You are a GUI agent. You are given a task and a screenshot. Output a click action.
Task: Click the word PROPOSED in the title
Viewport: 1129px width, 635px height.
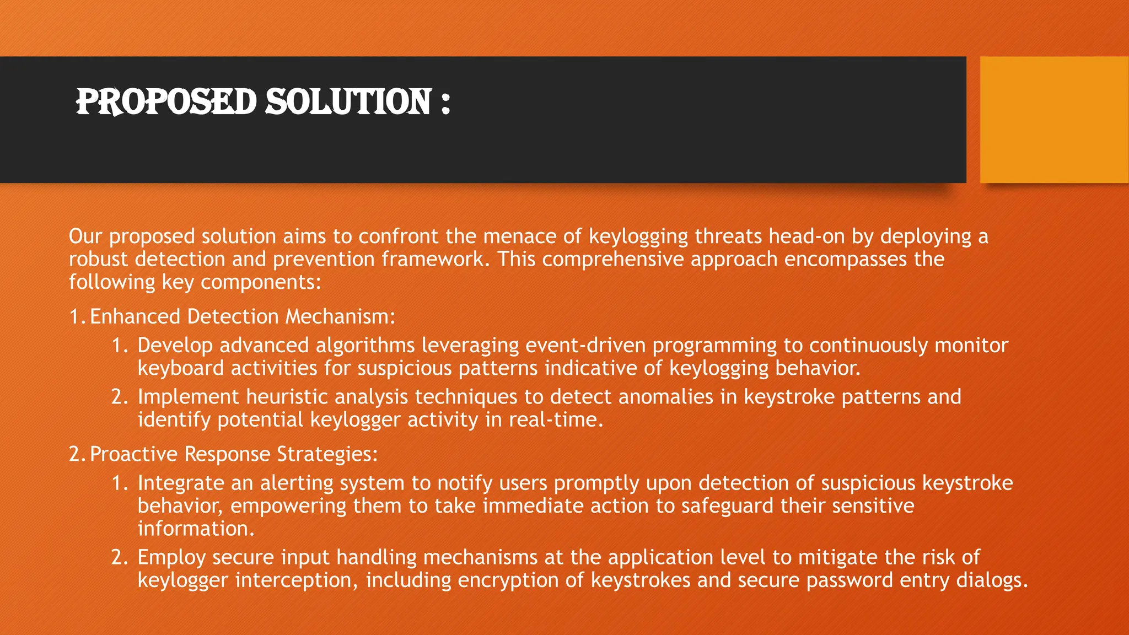click(x=166, y=102)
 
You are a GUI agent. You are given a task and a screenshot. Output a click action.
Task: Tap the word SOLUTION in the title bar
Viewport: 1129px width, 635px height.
click(x=348, y=102)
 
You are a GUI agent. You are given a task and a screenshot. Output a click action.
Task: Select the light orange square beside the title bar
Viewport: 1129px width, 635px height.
click(x=1054, y=120)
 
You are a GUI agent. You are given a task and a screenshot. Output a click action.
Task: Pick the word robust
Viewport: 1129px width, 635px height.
click(x=98, y=259)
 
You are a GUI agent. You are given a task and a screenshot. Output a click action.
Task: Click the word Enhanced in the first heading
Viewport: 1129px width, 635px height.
click(x=135, y=316)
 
